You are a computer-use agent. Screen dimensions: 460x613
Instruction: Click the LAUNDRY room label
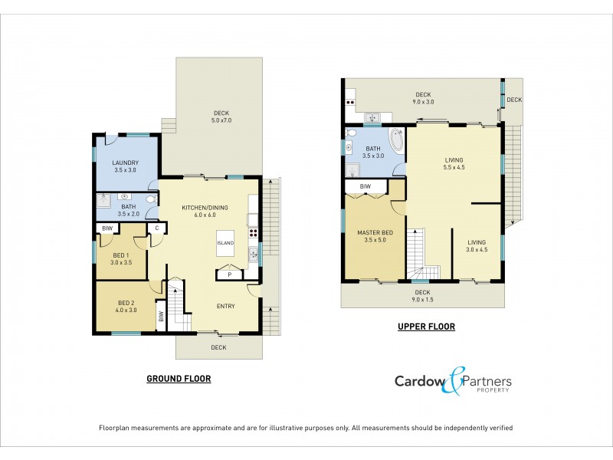tap(124, 163)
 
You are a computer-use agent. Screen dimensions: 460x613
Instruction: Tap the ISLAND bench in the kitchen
tap(225, 243)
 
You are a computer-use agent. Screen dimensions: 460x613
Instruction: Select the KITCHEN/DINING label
tap(205, 208)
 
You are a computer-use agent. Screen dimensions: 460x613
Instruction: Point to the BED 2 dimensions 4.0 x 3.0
tap(125, 310)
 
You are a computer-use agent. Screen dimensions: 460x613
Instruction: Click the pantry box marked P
tap(229, 273)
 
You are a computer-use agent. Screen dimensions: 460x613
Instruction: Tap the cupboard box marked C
tap(156, 228)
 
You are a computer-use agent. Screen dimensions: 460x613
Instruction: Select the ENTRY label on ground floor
tap(225, 306)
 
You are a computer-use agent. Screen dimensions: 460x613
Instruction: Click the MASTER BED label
tap(375, 232)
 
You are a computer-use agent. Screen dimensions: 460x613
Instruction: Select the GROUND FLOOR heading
tap(179, 379)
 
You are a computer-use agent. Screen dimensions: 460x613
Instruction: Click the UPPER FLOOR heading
tap(426, 327)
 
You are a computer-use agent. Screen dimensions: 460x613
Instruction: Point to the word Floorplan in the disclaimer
tap(116, 428)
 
